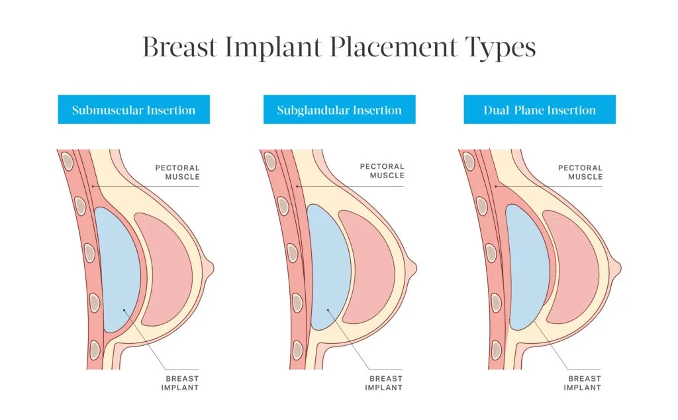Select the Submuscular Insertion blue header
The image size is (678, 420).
point(134,109)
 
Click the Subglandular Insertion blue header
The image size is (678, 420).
point(339,109)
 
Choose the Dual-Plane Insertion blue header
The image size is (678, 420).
point(540,109)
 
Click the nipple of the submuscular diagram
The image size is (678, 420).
point(211,268)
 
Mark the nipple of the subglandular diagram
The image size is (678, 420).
point(414,268)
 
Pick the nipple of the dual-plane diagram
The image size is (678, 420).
point(618,268)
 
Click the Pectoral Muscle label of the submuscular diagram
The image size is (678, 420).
point(177,172)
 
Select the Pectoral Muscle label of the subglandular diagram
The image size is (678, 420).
point(382,172)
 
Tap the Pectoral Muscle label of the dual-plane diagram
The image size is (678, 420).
point(580,172)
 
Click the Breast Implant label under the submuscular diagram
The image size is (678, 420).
point(180,383)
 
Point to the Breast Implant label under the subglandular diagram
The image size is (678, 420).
point(384,383)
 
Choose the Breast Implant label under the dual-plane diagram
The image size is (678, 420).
point(583,383)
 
